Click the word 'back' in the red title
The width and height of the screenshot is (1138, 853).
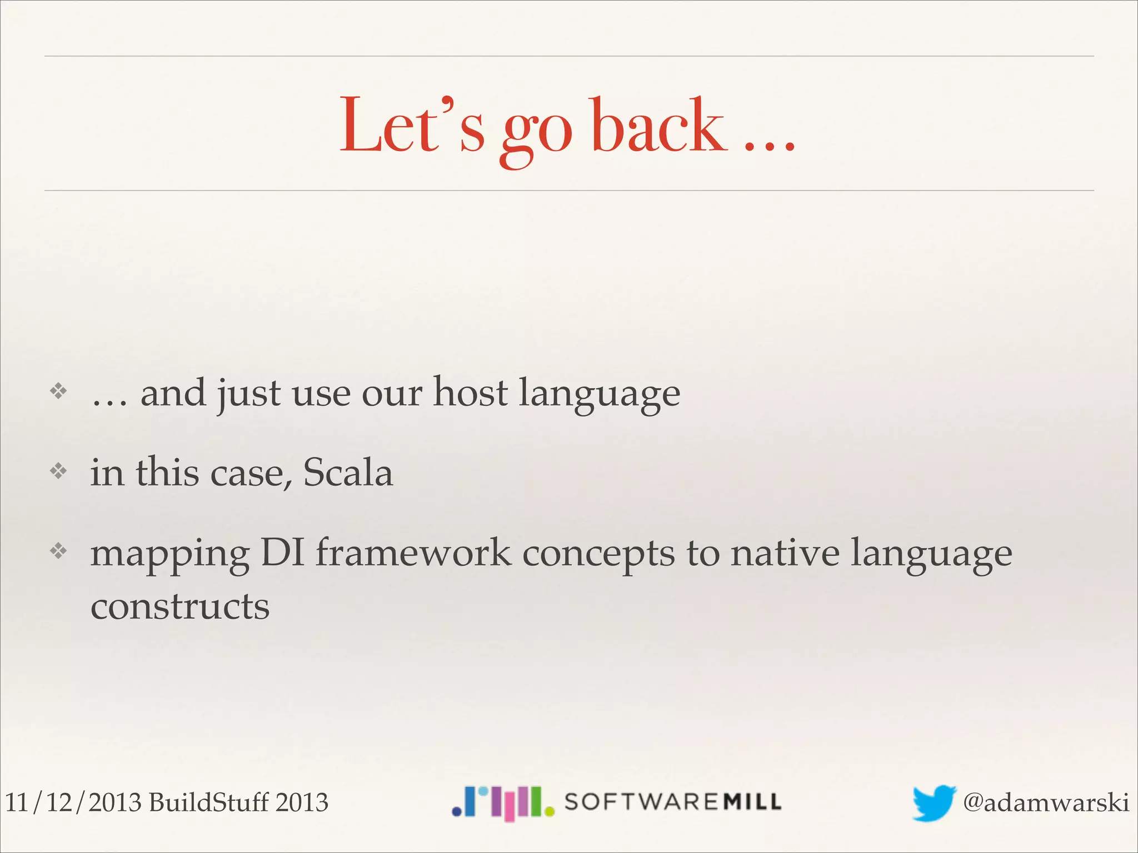tap(659, 127)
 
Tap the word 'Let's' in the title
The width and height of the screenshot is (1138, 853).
tap(412, 127)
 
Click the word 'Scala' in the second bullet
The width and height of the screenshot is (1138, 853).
tap(348, 473)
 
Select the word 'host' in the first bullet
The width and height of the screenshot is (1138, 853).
tap(470, 393)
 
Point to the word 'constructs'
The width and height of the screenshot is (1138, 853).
tap(180, 606)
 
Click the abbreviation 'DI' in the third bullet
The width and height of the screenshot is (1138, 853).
tap(282, 553)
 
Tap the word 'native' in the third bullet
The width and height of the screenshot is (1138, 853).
tap(785, 553)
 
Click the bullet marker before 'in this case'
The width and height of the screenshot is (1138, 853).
tap(58, 472)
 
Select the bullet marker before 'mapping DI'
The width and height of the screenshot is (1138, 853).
tap(58, 551)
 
